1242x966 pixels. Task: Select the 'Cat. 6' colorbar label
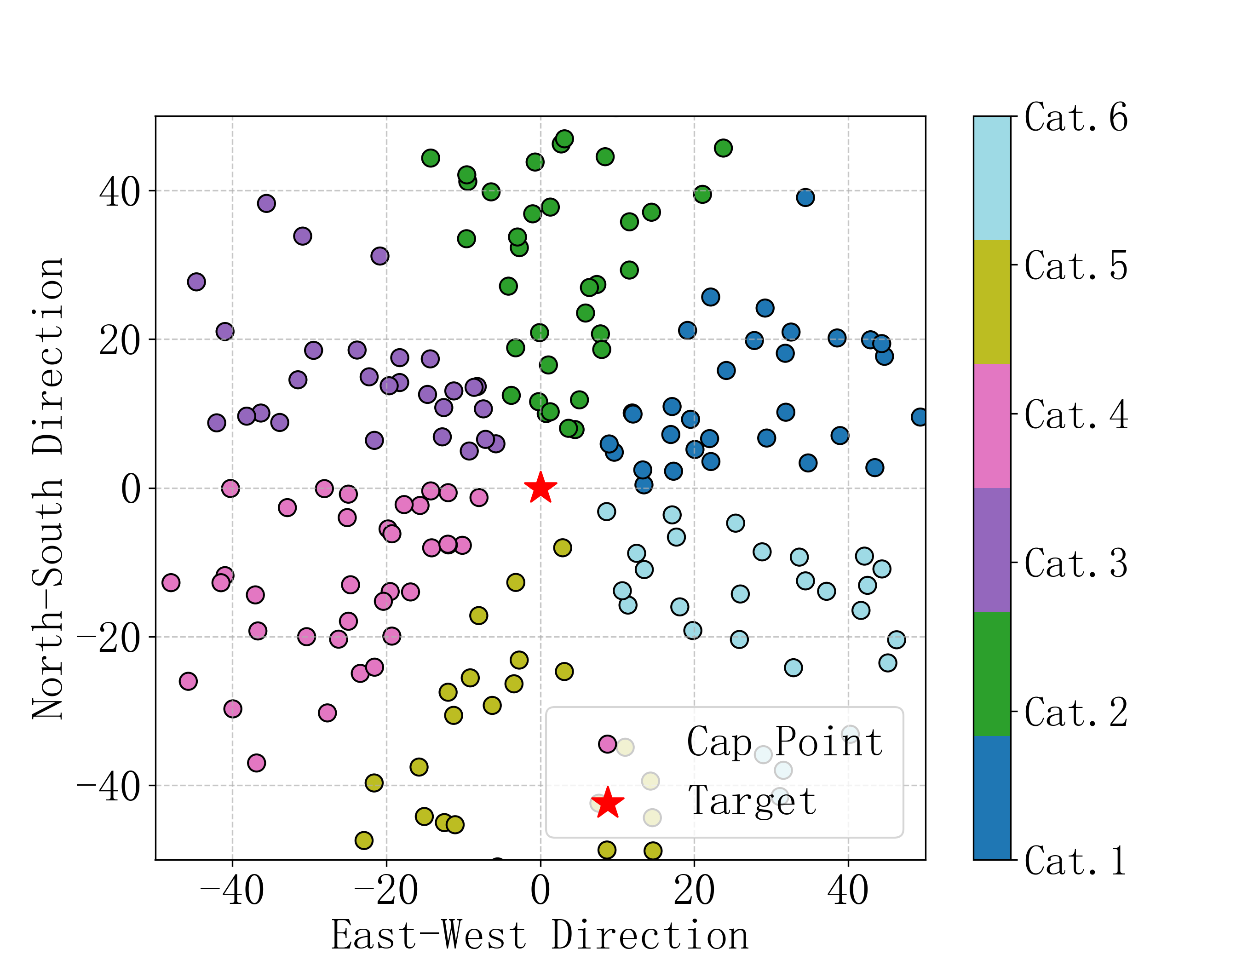(x=1076, y=118)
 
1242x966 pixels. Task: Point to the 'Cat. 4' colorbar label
(x=1076, y=415)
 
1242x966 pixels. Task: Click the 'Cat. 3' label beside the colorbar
(x=1076, y=563)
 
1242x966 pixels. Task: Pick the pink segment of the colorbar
(x=992, y=426)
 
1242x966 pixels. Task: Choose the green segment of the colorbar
(x=992, y=674)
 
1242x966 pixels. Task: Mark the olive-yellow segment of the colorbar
(x=992, y=302)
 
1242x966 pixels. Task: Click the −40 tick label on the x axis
(x=231, y=891)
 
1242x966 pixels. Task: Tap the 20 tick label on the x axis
(x=694, y=891)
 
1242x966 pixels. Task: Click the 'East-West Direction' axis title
(x=540, y=936)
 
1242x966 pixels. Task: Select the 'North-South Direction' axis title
(x=48, y=489)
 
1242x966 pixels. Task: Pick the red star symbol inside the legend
(x=607, y=803)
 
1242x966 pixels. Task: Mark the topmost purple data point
(x=266, y=203)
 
